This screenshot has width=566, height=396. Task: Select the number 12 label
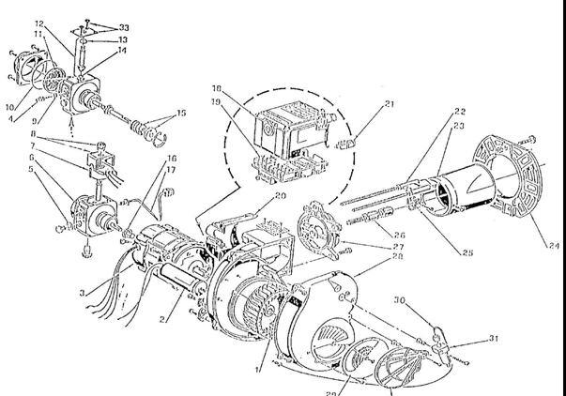39,22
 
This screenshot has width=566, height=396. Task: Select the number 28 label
399,256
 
